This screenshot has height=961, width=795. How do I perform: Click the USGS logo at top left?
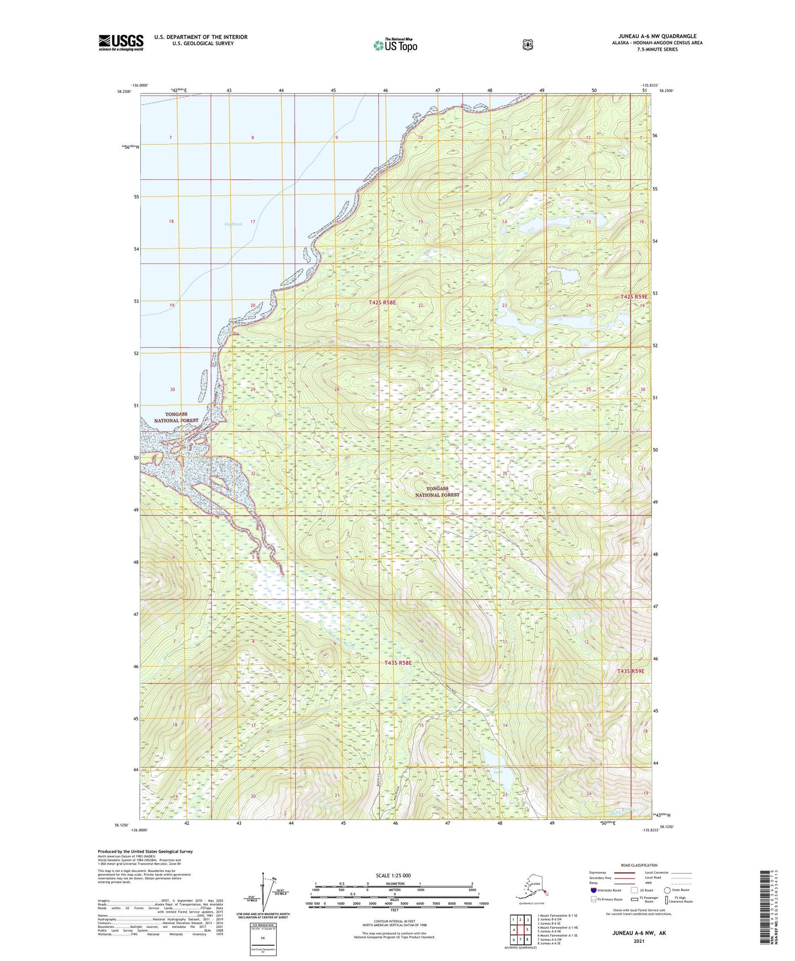pyautogui.click(x=121, y=42)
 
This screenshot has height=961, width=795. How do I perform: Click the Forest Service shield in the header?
pyautogui.click(x=528, y=45)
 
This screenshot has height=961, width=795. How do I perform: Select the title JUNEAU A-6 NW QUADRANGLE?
pyautogui.click(x=657, y=36)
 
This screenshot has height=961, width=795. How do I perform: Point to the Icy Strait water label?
pyautogui.click(x=233, y=224)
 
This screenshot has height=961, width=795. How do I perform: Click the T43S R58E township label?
pyautogui.click(x=398, y=663)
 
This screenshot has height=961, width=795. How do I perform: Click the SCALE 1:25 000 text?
pyautogui.click(x=393, y=876)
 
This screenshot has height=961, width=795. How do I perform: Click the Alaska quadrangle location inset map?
pyautogui.click(x=531, y=888)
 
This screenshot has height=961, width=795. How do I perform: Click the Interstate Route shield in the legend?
pyautogui.click(x=594, y=890)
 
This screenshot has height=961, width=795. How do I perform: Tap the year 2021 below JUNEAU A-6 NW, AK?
pyautogui.click(x=639, y=941)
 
